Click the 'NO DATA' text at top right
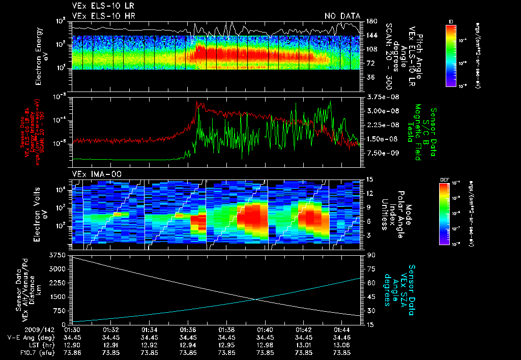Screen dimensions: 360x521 tap(342, 16)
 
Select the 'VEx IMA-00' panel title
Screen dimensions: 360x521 tap(93, 174)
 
